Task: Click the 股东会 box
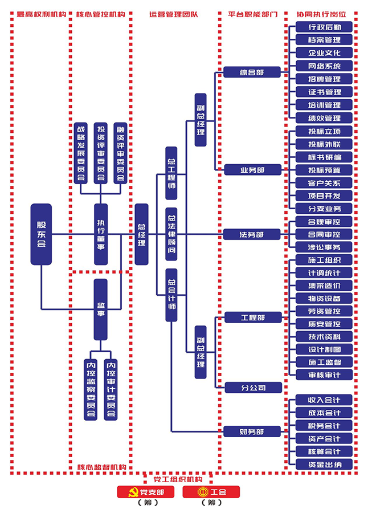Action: click(x=41, y=234)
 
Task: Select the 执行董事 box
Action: click(x=101, y=234)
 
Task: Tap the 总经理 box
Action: click(x=141, y=234)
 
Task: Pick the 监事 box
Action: click(x=101, y=310)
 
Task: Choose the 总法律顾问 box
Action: click(x=171, y=234)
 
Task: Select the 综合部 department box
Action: click(x=252, y=72)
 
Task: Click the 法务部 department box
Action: click(x=252, y=234)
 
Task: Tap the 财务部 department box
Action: click(x=252, y=431)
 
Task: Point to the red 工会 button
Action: click(x=211, y=492)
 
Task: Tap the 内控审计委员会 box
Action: click(x=111, y=389)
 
